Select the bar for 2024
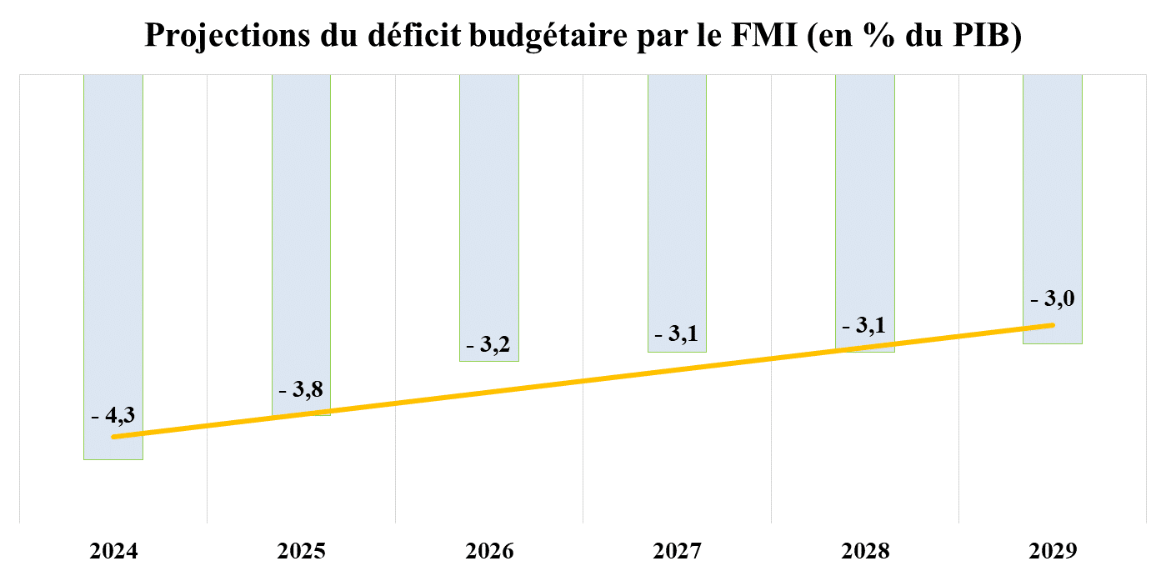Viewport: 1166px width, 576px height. (113, 250)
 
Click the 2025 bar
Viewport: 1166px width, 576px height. (302, 233)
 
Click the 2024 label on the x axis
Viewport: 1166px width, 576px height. (113, 551)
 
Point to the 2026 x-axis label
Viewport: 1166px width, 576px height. (489, 551)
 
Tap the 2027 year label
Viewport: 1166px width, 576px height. (677, 551)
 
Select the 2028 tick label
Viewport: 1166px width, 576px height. (865, 551)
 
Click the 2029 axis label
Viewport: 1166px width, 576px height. (1053, 551)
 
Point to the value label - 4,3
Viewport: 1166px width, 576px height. (113, 414)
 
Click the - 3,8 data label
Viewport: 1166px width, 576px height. (302, 388)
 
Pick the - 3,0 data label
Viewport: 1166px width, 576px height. (1053, 298)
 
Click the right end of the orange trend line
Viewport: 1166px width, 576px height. (1053, 325)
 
